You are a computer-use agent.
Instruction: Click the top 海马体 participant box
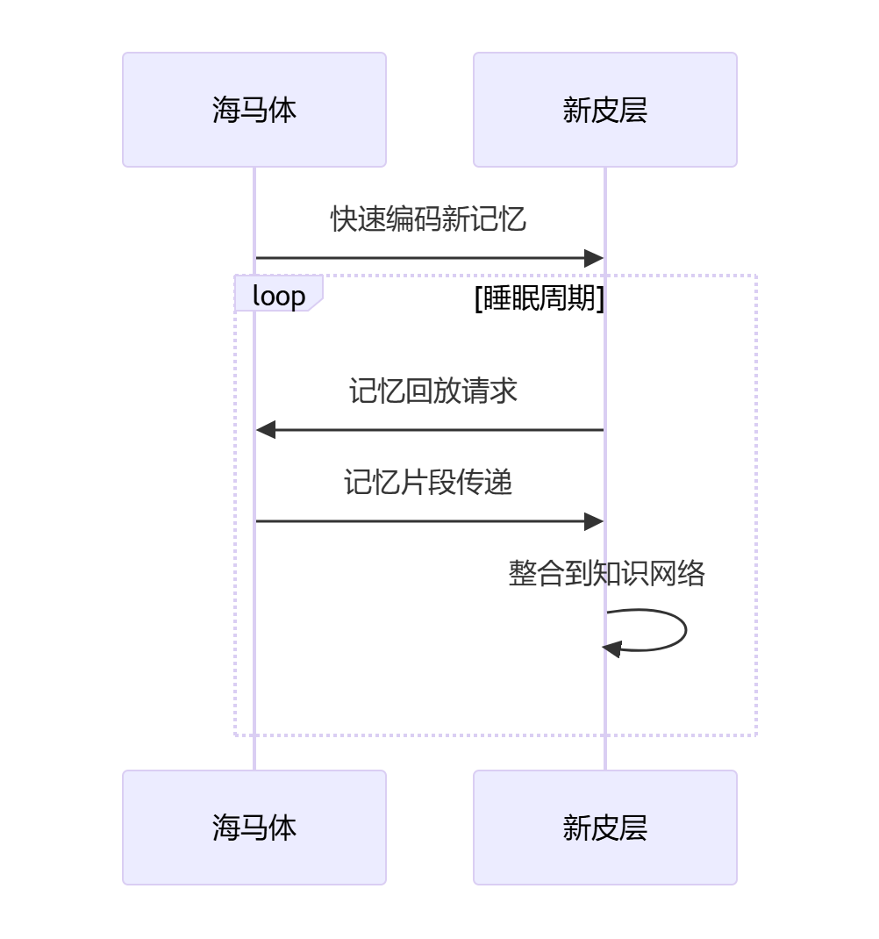(x=254, y=110)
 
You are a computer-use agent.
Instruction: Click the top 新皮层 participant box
(x=605, y=110)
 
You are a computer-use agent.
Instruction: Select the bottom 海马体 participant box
(x=254, y=828)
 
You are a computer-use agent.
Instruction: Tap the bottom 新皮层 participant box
(x=605, y=828)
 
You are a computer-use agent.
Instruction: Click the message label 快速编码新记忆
(x=428, y=219)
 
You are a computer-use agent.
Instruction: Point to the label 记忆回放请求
(x=433, y=391)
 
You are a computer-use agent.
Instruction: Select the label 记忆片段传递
(x=428, y=483)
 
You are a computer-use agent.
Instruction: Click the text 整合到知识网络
(x=607, y=574)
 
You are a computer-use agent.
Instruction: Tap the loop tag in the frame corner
(x=279, y=296)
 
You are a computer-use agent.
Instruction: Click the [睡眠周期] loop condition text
(x=540, y=298)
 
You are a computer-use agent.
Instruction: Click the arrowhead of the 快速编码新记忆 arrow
(x=595, y=258)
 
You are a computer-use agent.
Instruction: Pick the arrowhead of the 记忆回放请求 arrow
(x=266, y=430)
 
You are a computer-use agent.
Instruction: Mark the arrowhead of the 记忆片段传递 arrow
(x=595, y=521)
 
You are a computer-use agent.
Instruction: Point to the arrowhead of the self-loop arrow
(x=612, y=649)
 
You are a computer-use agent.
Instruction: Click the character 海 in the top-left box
(x=226, y=111)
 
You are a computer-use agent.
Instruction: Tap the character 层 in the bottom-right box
(x=633, y=828)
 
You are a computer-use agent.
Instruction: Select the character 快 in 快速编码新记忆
(x=344, y=219)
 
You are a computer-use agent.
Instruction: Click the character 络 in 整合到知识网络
(x=691, y=574)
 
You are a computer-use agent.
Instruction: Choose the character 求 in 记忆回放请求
(x=504, y=391)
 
